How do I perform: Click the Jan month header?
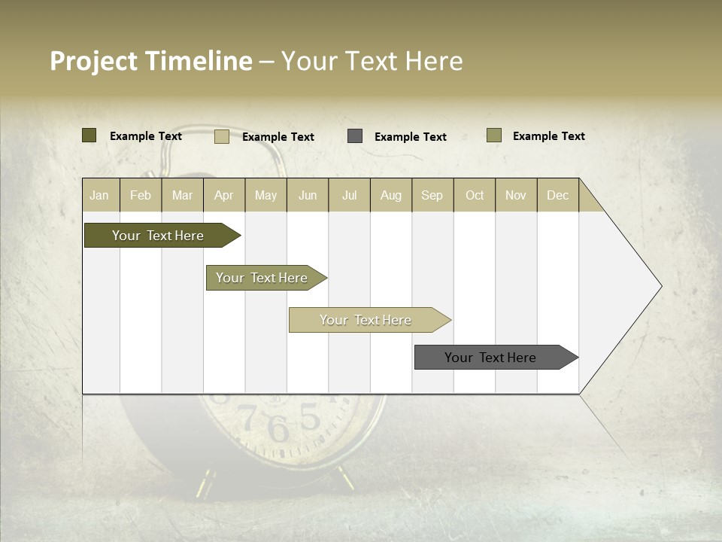[100, 195]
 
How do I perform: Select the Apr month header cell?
[224, 195]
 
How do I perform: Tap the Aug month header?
[391, 195]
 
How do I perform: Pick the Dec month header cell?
[558, 195]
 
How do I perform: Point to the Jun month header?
[308, 195]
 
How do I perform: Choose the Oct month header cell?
[475, 195]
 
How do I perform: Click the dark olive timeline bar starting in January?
[158, 236]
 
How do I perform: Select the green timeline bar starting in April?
[262, 278]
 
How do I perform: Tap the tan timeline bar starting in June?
[366, 320]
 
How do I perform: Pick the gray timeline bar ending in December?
[490, 358]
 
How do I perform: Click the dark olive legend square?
[89, 135]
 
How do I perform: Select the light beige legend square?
[222, 136]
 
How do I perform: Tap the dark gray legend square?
[355, 136]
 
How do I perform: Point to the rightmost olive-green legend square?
[493, 135]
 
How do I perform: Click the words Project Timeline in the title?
[151, 61]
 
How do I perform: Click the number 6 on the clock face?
[278, 430]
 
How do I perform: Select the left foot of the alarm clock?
[203, 484]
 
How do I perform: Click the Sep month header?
[432, 195]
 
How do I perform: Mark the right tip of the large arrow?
[661, 286]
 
